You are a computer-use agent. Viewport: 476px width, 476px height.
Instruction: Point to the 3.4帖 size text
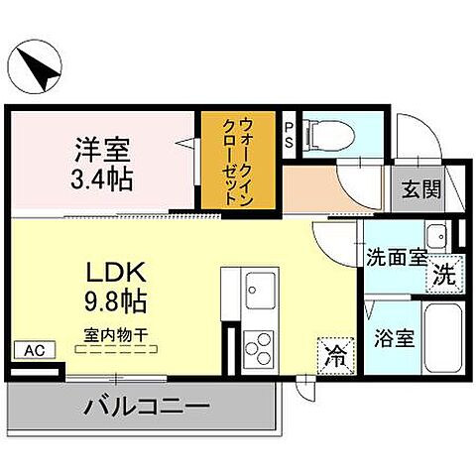[x=102, y=181]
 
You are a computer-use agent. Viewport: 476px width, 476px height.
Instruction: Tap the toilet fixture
[x=322, y=134]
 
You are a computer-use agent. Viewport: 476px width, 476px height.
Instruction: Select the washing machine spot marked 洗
[x=446, y=275]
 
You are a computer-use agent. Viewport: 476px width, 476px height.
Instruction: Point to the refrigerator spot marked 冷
[x=336, y=354]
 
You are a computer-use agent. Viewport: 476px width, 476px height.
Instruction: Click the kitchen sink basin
[x=257, y=282]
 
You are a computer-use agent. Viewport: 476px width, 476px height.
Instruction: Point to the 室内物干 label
[x=114, y=336]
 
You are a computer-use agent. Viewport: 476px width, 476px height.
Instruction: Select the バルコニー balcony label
[x=146, y=407]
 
